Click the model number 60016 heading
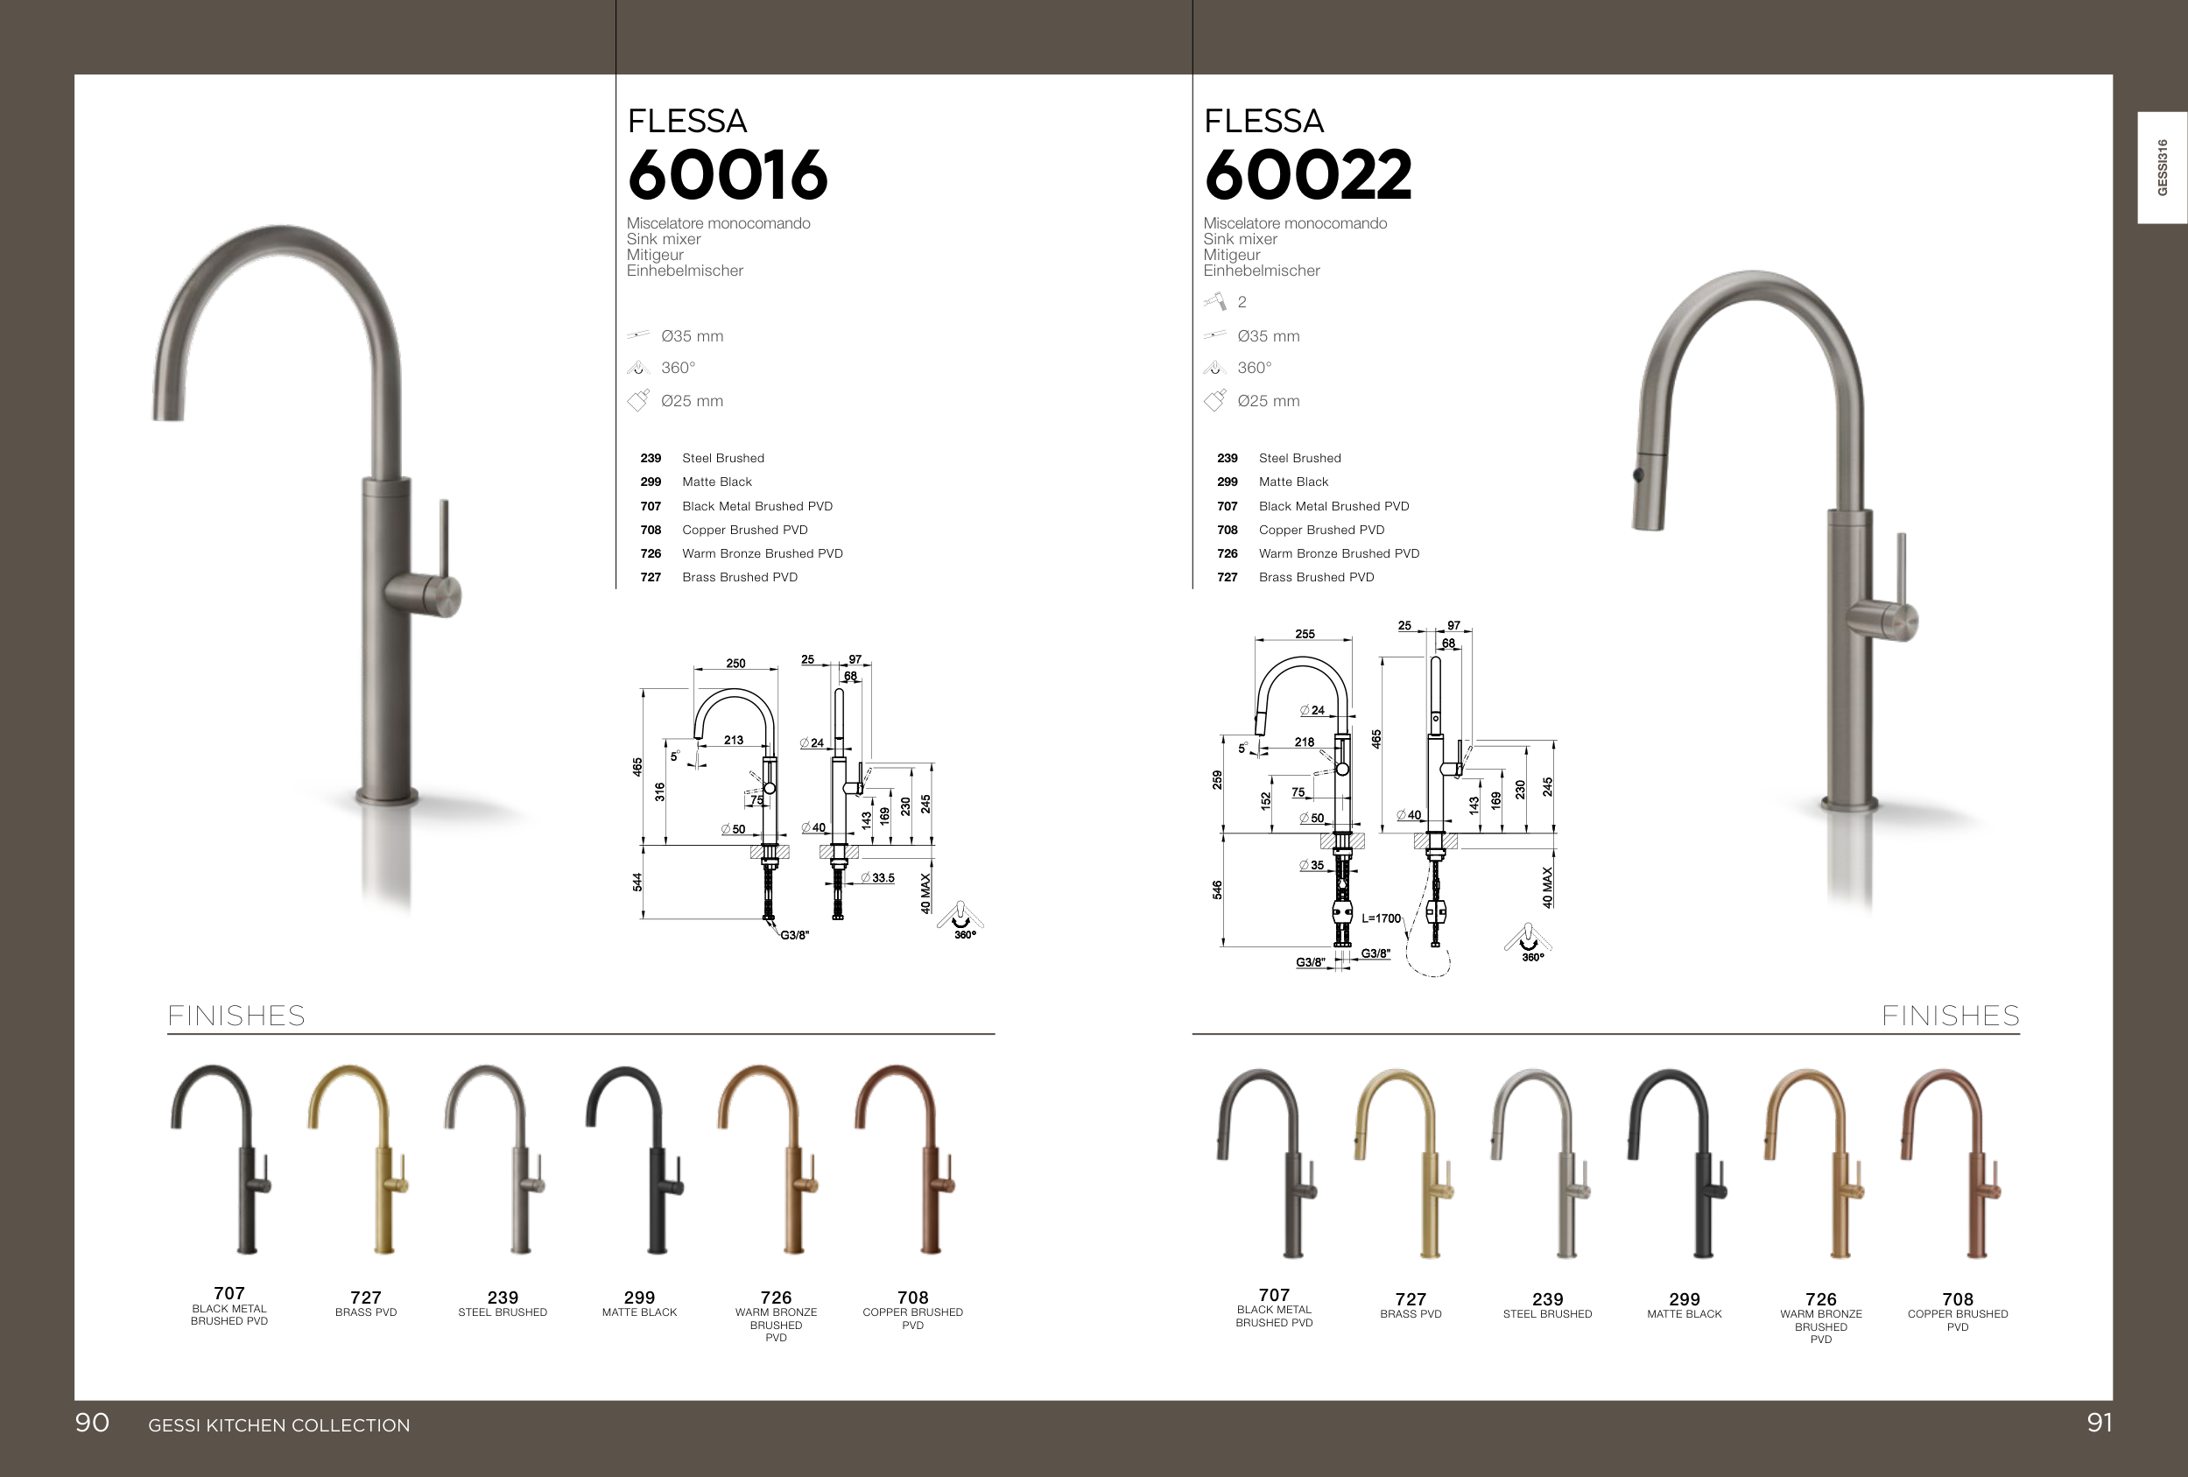click(x=727, y=175)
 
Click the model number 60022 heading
click(x=1308, y=175)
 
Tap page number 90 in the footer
click(x=92, y=1423)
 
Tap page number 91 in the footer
click(x=2099, y=1423)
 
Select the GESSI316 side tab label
click(x=2162, y=167)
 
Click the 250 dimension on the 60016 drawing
click(x=735, y=663)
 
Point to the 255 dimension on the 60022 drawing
click(x=1305, y=634)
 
